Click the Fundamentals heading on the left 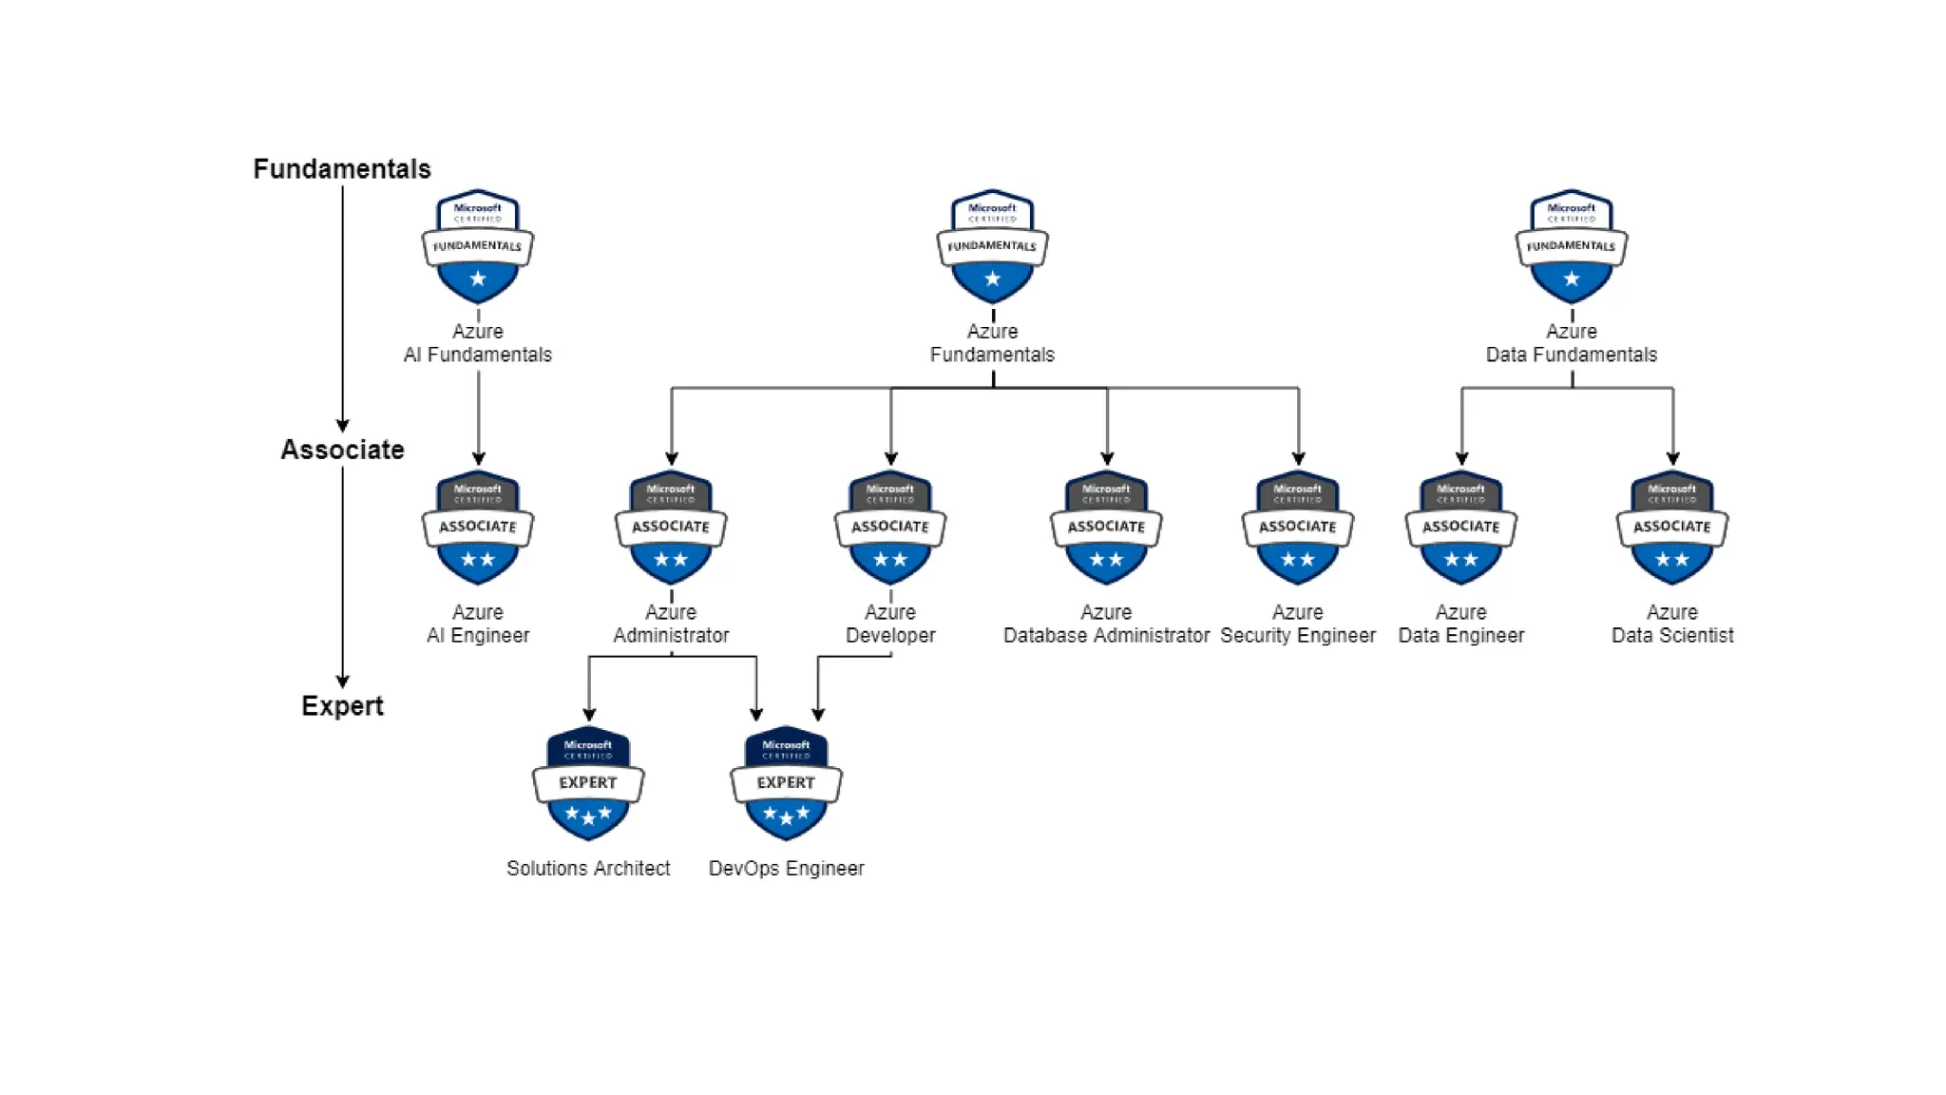(x=341, y=169)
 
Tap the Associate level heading (x=342, y=450)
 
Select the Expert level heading (x=342, y=706)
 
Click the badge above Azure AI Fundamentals (x=478, y=246)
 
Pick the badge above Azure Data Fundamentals (x=1571, y=246)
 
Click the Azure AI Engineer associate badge (x=478, y=528)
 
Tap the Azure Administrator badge (x=671, y=528)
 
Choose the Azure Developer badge (x=890, y=528)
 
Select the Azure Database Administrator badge (x=1106, y=528)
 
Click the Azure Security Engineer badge (x=1298, y=528)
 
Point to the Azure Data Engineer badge (x=1461, y=528)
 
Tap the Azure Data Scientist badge (x=1672, y=528)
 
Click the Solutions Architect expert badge (x=588, y=783)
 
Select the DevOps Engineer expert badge (x=786, y=783)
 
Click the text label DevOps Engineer (x=786, y=869)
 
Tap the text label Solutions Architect (x=588, y=869)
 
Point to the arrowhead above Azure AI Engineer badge (x=478, y=458)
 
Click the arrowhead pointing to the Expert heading (x=342, y=682)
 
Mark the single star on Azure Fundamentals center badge (x=992, y=279)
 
